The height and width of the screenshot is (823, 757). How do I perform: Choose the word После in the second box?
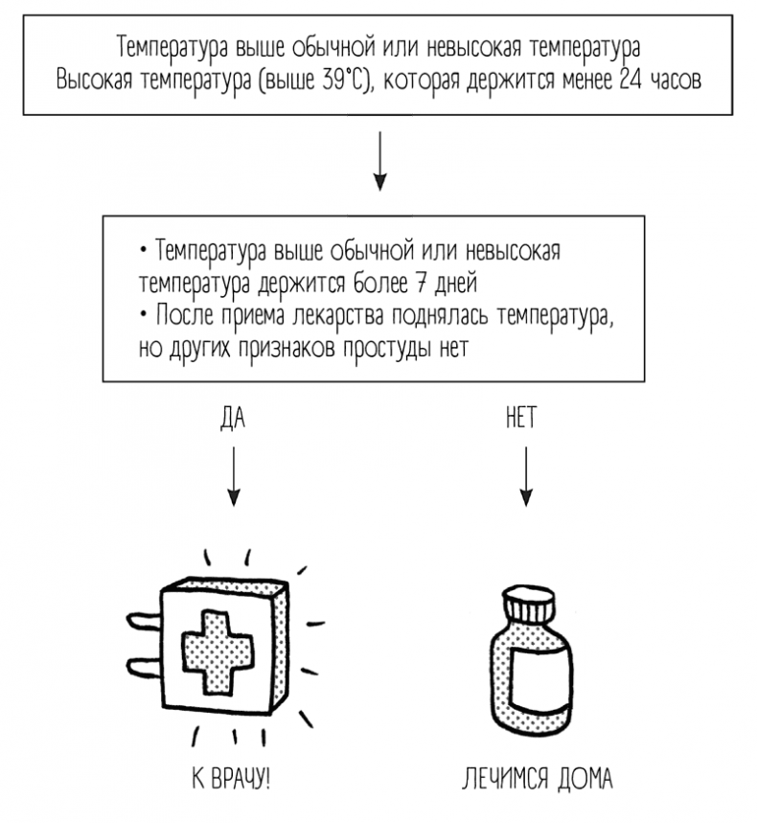click(180, 315)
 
